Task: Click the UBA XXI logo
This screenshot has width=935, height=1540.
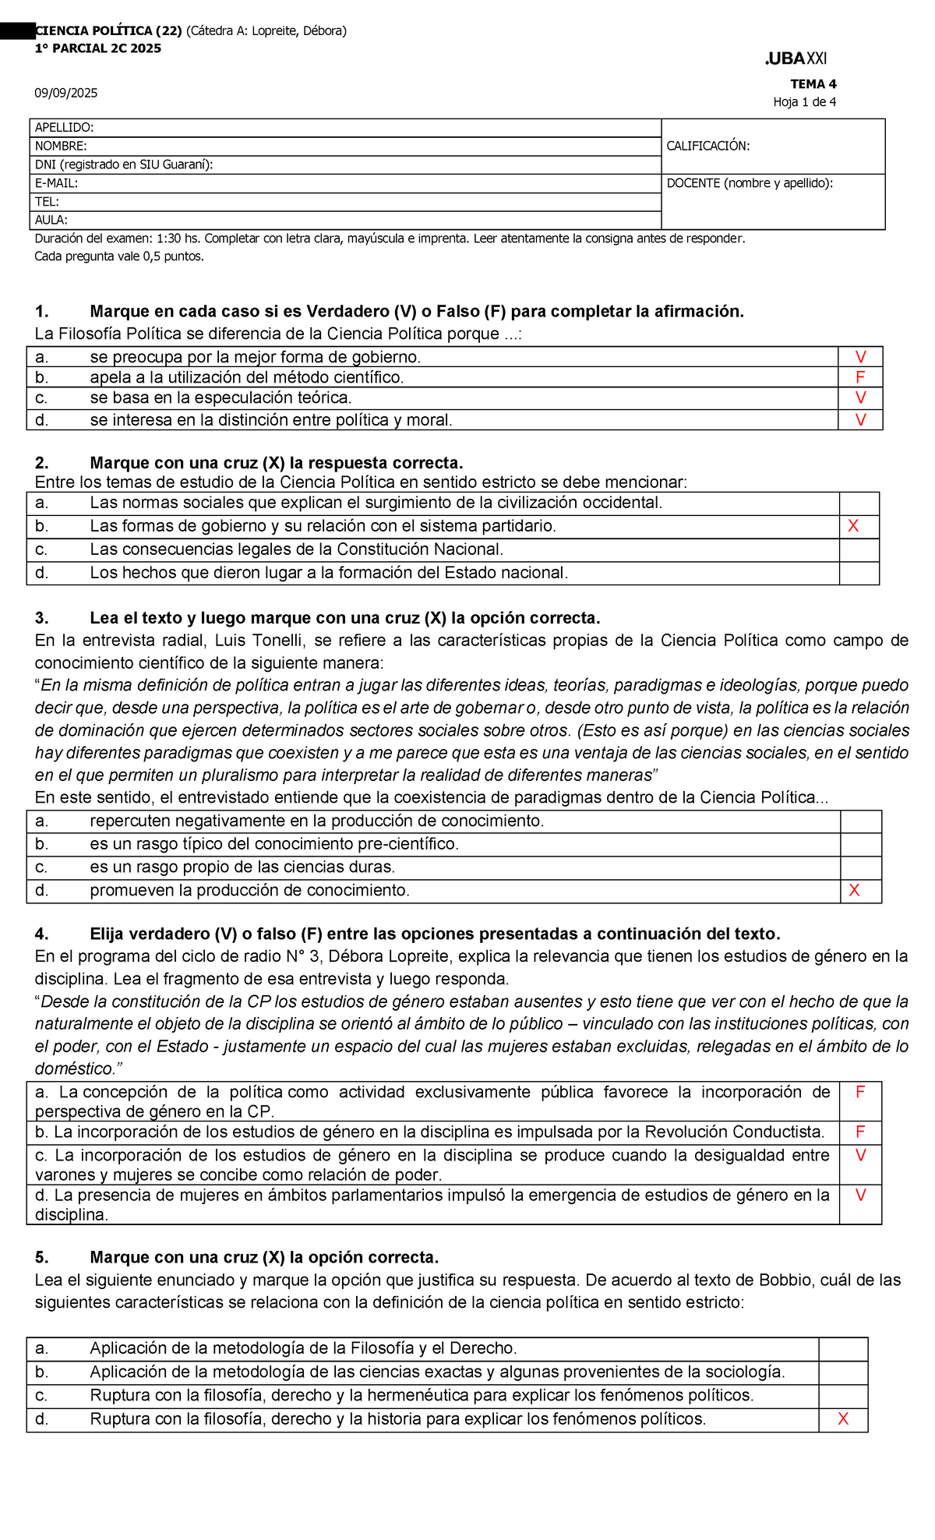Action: coord(796,58)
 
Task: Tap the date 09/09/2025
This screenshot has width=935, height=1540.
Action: coord(65,94)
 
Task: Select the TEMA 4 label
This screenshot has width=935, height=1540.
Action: coord(813,84)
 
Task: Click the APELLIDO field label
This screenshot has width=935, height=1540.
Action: coord(64,128)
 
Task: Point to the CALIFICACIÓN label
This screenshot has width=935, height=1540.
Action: coord(707,146)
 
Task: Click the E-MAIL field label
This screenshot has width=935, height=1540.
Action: coord(56,183)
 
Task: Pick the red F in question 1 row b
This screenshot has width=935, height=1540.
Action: coord(860,378)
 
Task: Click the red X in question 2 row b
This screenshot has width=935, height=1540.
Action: coord(853,527)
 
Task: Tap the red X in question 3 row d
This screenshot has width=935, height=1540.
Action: coord(854,891)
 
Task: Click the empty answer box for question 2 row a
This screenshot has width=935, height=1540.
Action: coord(859,503)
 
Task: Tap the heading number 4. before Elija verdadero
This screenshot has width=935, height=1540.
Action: coord(42,934)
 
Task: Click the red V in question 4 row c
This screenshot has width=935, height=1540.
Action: coord(860,1156)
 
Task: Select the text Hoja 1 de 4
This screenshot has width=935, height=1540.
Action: coord(804,102)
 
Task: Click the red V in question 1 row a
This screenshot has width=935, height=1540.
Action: coord(860,358)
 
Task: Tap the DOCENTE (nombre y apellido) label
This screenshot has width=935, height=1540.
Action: coord(750,183)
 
